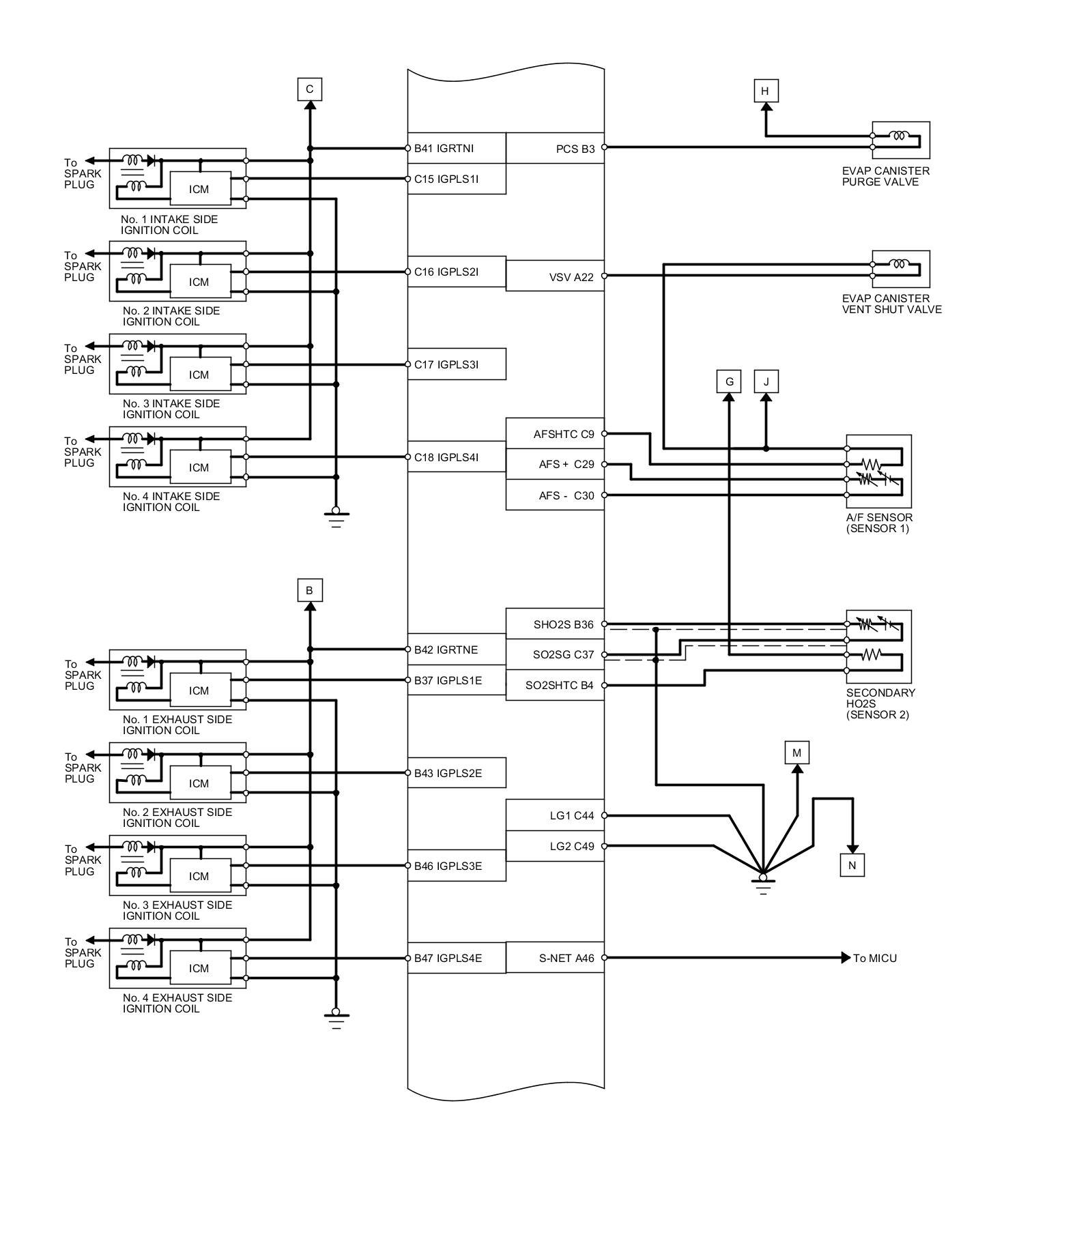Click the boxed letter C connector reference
309,89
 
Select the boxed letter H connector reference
765,91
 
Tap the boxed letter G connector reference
729,381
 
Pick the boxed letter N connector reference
852,865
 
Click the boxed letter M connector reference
796,753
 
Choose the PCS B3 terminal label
575,149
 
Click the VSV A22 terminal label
571,277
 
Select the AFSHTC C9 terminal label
564,434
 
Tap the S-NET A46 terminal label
566,958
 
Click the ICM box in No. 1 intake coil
199,189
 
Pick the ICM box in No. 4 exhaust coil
199,968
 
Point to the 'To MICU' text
875,958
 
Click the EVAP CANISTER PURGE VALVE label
886,176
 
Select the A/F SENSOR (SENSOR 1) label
879,523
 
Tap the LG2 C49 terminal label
572,847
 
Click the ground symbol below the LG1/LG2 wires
763,884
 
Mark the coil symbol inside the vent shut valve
900,264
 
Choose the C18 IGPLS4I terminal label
446,457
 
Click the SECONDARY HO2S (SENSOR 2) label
880,703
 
